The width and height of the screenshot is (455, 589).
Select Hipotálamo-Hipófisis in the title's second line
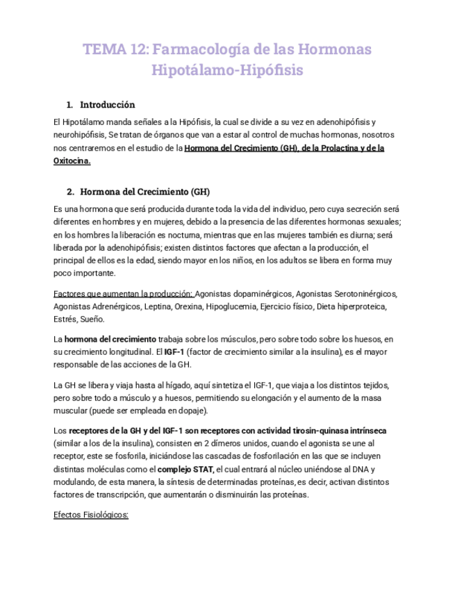click(227, 71)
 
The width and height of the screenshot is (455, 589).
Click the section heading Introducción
click(107, 105)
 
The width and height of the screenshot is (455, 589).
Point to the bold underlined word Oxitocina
click(72, 160)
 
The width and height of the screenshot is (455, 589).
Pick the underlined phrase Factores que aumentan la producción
click(123, 294)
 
